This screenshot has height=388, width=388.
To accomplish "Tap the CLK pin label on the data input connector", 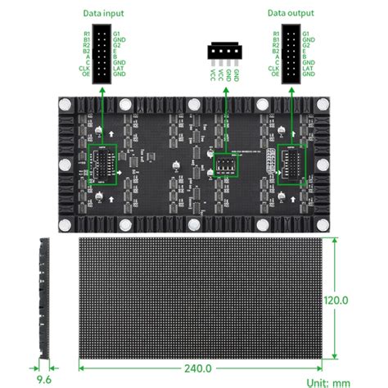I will point(85,68).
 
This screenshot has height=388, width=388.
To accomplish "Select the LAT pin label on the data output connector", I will point(308,68).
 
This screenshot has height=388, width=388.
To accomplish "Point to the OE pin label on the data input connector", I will point(86,74).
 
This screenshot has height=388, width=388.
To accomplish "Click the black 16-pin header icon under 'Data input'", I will point(102,54).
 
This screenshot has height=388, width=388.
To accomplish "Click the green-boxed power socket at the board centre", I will point(225,167).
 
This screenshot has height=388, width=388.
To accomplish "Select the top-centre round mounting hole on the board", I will point(195,105).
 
